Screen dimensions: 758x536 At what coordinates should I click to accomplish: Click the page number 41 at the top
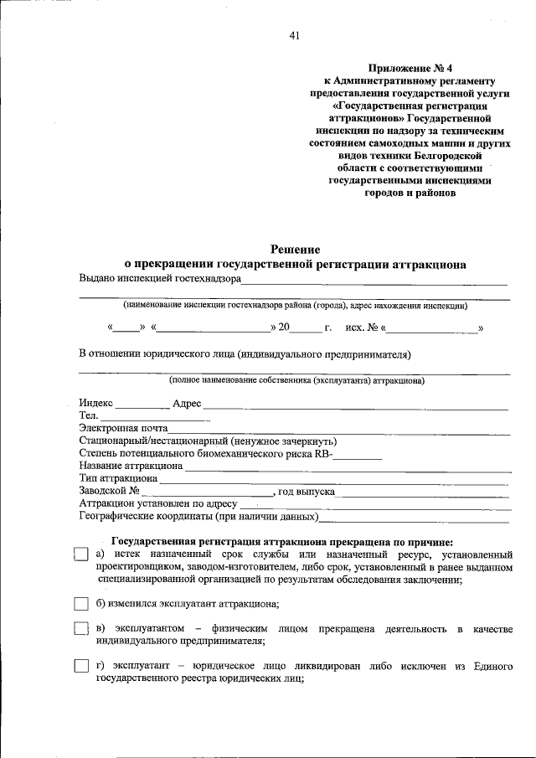click(x=294, y=35)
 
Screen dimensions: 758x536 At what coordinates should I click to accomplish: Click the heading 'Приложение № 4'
click(x=408, y=68)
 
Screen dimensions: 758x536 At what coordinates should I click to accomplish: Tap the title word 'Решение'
click(x=294, y=249)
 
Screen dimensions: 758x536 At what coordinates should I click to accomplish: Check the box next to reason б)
click(x=80, y=604)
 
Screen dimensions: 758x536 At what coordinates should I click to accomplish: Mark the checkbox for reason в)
click(x=80, y=629)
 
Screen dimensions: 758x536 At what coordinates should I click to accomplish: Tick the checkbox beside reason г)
click(x=80, y=666)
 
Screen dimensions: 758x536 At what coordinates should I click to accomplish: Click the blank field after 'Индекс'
click(x=142, y=405)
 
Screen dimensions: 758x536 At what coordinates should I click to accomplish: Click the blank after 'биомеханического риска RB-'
click(x=358, y=456)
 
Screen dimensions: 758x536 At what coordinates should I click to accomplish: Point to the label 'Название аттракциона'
click(x=131, y=466)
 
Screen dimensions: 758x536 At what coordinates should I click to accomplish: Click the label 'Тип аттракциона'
click(x=118, y=478)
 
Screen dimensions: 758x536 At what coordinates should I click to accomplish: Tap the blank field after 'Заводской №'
click(x=207, y=492)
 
